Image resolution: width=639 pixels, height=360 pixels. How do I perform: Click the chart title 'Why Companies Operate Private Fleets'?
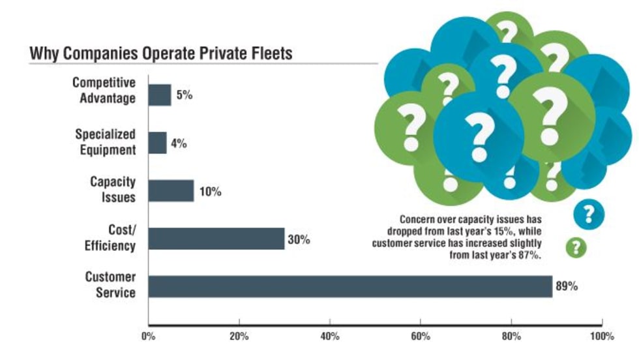tap(160, 53)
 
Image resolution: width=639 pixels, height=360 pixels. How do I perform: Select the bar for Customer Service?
tap(350, 286)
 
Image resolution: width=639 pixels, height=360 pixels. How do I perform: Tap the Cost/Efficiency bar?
tap(216, 239)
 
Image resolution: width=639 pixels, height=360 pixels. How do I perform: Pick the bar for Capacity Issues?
tap(171, 191)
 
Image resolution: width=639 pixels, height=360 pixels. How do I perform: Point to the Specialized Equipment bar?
tap(157, 143)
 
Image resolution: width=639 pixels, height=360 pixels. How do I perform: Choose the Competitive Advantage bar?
tap(160, 95)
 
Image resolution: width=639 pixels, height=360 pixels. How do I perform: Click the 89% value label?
tap(566, 286)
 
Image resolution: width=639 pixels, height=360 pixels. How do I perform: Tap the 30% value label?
tap(299, 239)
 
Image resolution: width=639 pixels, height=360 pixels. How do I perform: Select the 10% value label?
tap(210, 192)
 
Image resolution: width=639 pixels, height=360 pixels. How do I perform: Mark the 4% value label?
tap(179, 143)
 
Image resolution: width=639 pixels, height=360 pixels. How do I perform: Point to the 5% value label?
tap(184, 95)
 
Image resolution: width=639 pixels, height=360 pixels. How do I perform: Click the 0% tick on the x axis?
tap(149, 337)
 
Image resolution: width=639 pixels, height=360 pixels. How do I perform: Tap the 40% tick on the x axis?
tap(330, 337)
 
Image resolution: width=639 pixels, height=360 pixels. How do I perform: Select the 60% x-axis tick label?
tap(421, 337)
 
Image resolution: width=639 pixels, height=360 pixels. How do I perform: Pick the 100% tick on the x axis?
tap(601, 337)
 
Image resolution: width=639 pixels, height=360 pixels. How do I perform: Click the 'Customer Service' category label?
tap(110, 284)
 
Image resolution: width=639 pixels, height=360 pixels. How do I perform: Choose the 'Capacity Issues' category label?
tap(113, 189)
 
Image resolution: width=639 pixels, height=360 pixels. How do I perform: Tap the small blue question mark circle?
tap(589, 213)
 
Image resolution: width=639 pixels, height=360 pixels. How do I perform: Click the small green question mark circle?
tap(575, 247)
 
